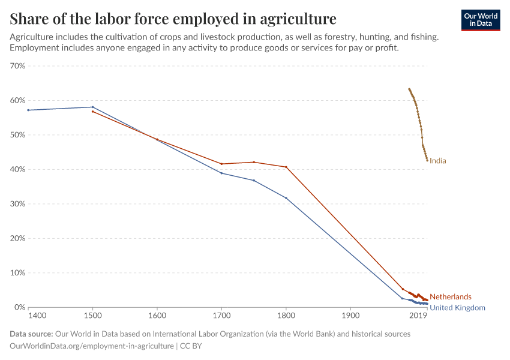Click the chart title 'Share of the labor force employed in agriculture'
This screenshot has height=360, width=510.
tap(173, 18)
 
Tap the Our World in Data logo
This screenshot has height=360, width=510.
tap(480, 20)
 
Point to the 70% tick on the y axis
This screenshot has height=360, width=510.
tap(17, 66)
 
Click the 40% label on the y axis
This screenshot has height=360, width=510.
tap(17, 170)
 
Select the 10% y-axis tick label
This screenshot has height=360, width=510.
tap(17, 273)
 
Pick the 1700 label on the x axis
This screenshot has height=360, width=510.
tap(221, 315)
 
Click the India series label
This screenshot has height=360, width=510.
tap(438, 161)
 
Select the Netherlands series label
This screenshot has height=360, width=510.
tap(450, 297)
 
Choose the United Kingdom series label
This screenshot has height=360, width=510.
tap(457, 308)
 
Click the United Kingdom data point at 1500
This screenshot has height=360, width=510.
tap(92, 107)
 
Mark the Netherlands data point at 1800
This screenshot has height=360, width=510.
tap(286, 167)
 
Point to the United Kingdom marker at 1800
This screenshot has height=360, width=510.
tap(286, 198)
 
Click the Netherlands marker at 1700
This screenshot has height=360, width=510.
tap(221, 164)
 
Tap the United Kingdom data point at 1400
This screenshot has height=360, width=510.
tap(28, 110)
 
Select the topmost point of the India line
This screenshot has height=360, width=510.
tap(409, 89)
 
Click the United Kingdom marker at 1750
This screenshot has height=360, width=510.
tap(254, 180)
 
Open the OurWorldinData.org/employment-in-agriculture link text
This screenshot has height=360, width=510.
tap(92, 346)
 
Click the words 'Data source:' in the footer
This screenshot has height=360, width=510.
tap(31, 334)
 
